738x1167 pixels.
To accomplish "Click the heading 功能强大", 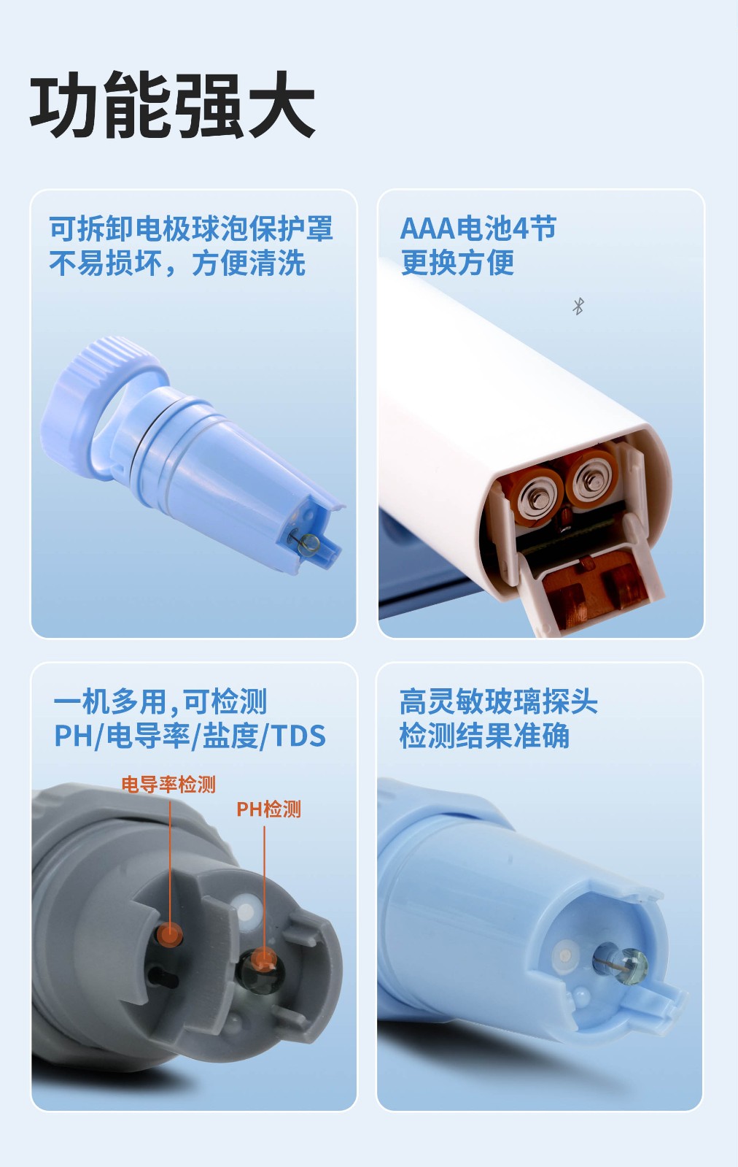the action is (x=172, y=104).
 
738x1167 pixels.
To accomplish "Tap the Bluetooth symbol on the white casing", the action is (x=578, y=307).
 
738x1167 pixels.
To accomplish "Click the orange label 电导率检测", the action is (x=168, y=785).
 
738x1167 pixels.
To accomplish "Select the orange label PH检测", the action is (x=268, y=809).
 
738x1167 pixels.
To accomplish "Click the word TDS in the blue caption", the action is (x=298, y=736).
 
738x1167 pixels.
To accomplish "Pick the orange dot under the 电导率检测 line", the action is (x=170, y=934).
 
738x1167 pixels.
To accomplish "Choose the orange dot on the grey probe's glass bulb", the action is (x=264, y=960).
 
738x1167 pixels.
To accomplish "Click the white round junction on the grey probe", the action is (x=246, y=912).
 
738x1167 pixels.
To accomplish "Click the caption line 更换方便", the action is (x=457, y=262).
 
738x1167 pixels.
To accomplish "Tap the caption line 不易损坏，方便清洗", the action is (x=177, y=263).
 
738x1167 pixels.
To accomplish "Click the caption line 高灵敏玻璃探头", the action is (x=498, y=701).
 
